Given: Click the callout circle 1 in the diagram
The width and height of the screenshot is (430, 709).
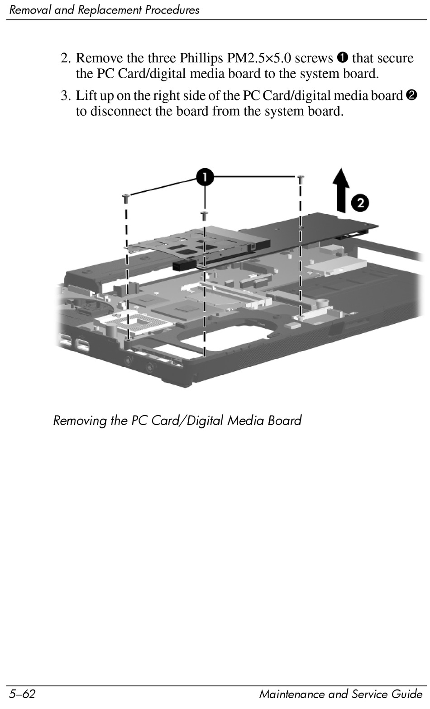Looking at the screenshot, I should [x=205, y=177].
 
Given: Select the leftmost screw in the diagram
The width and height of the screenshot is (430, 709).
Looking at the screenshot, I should [x=126, y=198].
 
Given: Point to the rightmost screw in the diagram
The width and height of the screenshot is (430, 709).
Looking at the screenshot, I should [x=301, y=180].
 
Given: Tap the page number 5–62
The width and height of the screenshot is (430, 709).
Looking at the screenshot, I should [x=22, y=694].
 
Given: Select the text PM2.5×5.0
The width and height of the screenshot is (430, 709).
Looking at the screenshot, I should [x=259, y=58].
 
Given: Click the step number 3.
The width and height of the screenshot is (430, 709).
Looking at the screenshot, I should [x=66, y=96].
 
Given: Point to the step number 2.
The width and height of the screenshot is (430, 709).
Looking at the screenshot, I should [x=66, y=58].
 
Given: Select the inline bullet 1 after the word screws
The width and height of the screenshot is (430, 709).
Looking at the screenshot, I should [x=342, y=58].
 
